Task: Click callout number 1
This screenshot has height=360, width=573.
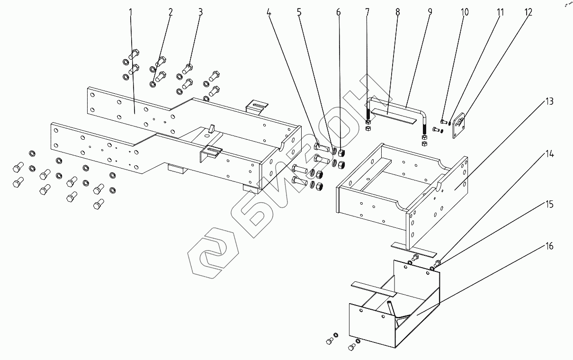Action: [x=131, y=12]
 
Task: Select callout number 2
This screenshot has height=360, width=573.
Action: [x=170, y=12]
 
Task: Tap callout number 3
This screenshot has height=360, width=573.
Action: [x=200, y=12]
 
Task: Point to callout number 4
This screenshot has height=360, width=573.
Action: [x=269, y=12]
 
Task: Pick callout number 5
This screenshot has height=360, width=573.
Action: [x=299, y=12]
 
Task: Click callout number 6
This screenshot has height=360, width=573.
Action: [x=338, y=12]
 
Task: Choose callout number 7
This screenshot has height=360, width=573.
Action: [x=367, y=12]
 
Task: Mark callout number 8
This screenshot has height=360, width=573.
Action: [x=397, y=12]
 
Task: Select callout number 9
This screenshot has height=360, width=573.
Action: [x=430, y=12]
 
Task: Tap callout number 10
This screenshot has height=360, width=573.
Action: [x=465, y=12]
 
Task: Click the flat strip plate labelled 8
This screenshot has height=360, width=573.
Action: [x=393, y=115]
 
